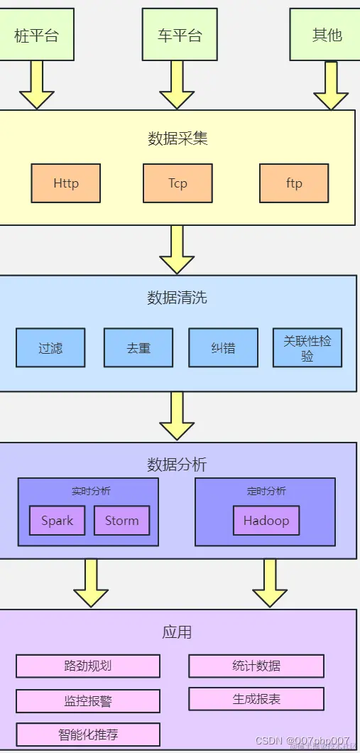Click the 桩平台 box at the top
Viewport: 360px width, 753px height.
(37, 35)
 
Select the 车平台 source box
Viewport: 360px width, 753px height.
(178, 35)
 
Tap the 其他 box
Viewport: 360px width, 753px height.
(326, 35)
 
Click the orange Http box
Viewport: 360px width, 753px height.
(66, 183)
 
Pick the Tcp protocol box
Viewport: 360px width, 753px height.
(178, 183)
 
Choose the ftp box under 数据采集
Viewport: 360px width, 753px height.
(294, 183)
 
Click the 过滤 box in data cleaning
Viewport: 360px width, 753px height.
(50, 348)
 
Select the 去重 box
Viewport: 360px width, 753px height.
(138, 348)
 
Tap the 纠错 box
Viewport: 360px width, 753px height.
(223, 348)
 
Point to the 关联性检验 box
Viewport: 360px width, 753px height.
(307, 348)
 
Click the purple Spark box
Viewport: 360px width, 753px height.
(57, 521)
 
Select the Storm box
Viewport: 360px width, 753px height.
(121, 521)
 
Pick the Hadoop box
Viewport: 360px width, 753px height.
(266, 521)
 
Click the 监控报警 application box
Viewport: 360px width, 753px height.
(88, 700)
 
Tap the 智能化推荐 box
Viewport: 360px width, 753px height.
(88, 735)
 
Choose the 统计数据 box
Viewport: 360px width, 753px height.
(256, 666)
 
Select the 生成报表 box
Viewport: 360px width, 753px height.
(256, 699)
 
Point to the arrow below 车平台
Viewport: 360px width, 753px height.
(177, 84)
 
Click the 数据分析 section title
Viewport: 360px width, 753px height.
(177, 465)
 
